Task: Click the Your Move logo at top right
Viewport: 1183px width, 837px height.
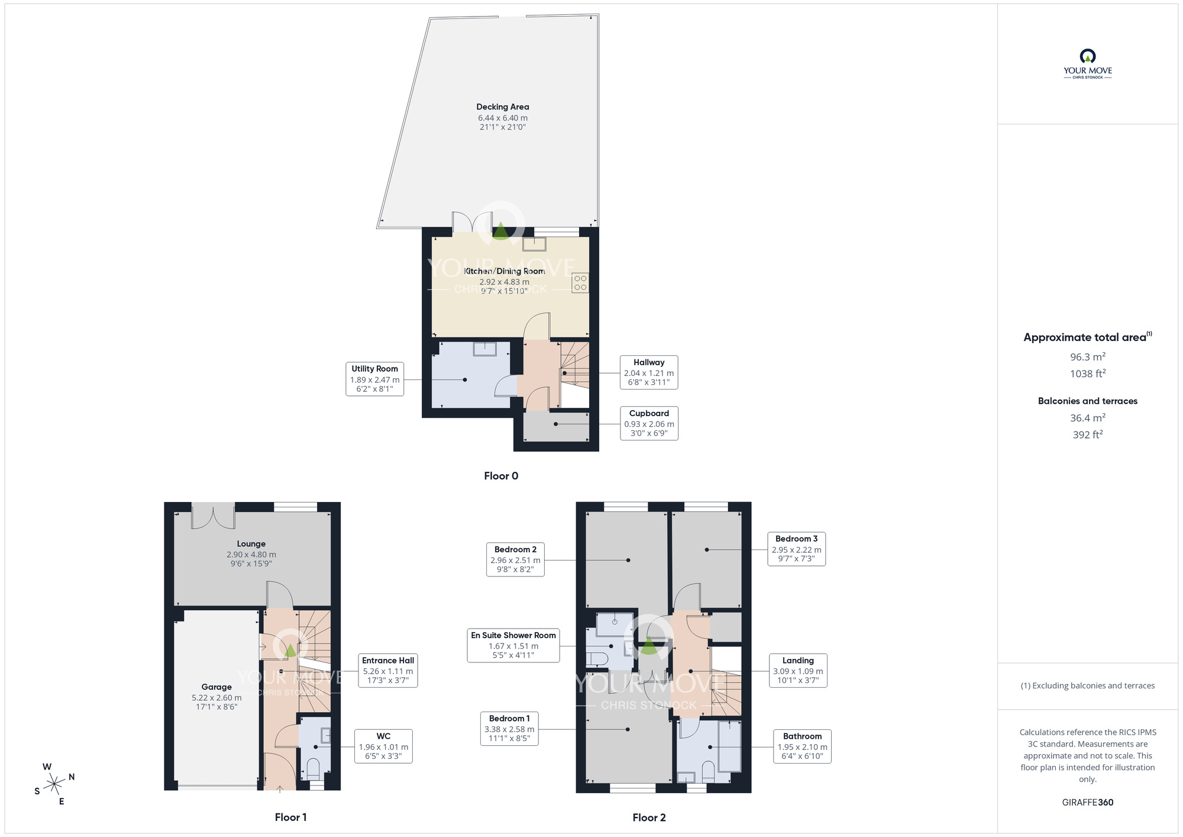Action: tap(1088, 64)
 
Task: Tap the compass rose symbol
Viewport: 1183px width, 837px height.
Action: tap(54, 784)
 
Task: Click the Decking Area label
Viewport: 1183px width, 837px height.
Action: tap(503, 107)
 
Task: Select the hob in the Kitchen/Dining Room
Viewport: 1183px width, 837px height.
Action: tap(580, 282)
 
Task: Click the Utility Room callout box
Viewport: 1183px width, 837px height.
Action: tap(375, 379)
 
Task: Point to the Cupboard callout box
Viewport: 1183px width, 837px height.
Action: tap(649, 423)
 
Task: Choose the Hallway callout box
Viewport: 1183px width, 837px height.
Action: tap(649, 372)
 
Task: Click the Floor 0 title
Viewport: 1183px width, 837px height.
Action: tap(501, 476)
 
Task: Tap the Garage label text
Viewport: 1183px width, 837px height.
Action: tap(216, 687)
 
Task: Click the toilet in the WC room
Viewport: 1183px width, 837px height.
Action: tap(313, 769)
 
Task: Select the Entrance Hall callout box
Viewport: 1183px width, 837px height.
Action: tap(388, 671)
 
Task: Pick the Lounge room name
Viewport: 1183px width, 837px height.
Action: tap(251, 544)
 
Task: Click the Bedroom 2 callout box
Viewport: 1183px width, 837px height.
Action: tap(515, 559)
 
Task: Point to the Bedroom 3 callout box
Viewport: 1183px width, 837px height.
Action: tap(797, 549)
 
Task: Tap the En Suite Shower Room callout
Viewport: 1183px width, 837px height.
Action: tap(513, 645)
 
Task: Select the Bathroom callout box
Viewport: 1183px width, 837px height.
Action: tap(803, 746)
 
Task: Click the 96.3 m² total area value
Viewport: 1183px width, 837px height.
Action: tap(1088, 357)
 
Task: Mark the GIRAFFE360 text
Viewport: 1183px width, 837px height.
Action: tap(1088, 803)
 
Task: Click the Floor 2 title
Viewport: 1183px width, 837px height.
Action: tap(649, 817)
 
